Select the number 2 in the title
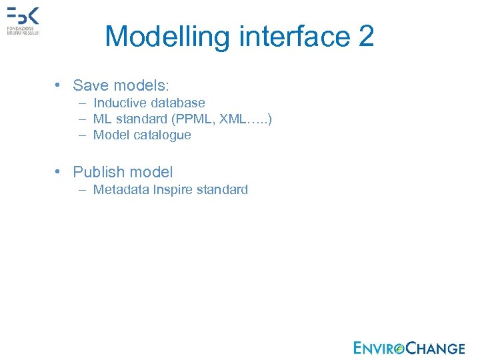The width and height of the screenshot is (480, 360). [x=366, y=37]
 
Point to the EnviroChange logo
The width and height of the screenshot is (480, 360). [x=409, y=347]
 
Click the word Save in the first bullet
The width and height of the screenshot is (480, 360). [x=91, y=85]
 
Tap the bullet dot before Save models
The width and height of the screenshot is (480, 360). [x=59, y=85]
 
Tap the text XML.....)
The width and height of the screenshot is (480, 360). [x=250, y=119]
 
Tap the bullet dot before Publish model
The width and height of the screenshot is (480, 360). [x=59, y=172]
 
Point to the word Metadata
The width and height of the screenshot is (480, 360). [x=121, y=189]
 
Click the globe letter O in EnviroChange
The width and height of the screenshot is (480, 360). [x=399, y=348]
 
